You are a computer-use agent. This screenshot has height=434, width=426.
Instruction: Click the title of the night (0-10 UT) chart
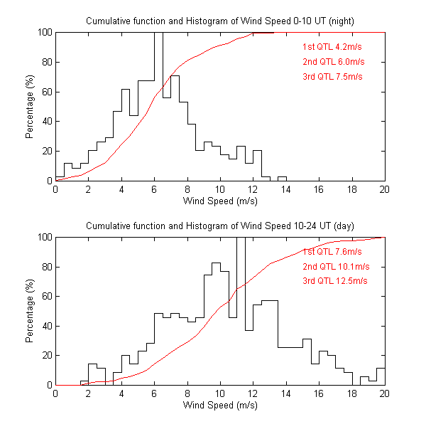[x=220, y=21]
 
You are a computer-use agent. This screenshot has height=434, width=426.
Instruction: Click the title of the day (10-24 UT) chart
[x=220, y=226]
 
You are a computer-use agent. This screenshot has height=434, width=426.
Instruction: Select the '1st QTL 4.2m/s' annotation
[x=332, y=48]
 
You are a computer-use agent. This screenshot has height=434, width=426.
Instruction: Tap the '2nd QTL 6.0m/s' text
[x=332, y=62]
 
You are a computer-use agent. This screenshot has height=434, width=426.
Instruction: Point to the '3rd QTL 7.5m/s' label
[x=332, y=76]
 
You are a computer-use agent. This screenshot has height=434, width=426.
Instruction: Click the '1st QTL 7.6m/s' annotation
[x=332, y=252]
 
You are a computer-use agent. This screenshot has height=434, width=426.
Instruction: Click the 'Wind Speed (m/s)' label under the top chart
[x=220, y=201]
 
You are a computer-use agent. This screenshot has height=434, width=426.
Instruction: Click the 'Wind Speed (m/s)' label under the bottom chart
[x=220, y=406]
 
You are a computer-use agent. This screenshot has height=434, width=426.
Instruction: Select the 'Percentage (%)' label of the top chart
[x=30, y=107]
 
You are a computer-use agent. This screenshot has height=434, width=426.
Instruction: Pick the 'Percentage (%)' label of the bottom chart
[x=30, y=311]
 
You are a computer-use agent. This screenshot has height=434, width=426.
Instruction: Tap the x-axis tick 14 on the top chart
[x=286, y=190]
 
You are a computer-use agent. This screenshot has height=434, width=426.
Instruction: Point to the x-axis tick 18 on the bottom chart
[x=351, y=394]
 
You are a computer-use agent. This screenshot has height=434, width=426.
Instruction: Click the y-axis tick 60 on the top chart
[x=46, y=92]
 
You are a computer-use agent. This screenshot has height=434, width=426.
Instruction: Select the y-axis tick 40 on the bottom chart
[x=46, y=326]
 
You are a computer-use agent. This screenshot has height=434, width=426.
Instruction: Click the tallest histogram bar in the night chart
[x=158, y=107]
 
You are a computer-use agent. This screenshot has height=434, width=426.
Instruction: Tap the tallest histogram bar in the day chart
[x=241, y=313]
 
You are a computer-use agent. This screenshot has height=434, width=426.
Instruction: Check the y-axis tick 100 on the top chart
[x=44, y=33]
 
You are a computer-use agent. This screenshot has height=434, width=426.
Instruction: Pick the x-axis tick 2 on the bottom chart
[x=89, y=394]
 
